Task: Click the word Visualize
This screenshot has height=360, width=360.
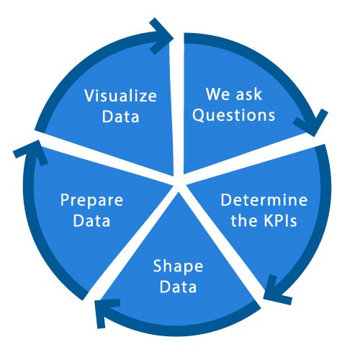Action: coord(120,96)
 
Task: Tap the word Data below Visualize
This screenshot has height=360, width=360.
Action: coord(120,117)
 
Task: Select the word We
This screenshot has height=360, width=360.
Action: coord(217,94)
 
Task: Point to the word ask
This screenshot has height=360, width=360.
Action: coord(248,94)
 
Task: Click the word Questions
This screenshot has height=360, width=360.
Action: coord(233,115)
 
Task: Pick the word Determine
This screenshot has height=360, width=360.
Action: coord(264,199)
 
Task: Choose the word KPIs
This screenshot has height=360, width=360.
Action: coord(280,220)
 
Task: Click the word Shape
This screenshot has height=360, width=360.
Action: coord(178,266)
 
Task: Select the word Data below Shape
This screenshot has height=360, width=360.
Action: coord(178,287)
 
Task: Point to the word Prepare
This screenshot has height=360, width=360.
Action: coord(91,200)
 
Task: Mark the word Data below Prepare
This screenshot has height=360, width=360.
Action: coord(91,220)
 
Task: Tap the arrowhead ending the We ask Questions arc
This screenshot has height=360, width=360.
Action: coord(312,124)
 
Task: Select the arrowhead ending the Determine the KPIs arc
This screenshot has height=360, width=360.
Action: coord(276,292)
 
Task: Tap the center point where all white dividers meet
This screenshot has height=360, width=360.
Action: coord(179,184)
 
